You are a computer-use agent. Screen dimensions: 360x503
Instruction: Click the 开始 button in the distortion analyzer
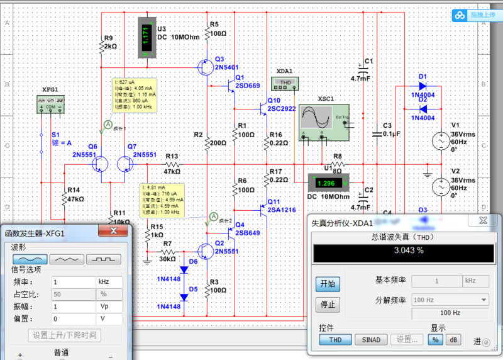(x=327, y=284)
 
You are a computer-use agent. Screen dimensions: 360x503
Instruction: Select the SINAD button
(x=371, y=339)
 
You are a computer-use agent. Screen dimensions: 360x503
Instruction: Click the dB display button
(x=453, y=339)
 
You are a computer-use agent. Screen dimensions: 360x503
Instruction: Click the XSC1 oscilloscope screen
(x=314, y=118)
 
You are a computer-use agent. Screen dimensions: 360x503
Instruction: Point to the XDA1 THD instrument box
(x=285, y=82)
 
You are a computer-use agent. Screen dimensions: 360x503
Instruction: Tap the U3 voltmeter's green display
(x=146, y=36)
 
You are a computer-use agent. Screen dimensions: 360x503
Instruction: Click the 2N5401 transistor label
(x=226, y=67)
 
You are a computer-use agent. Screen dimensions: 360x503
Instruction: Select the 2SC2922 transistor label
(x=282, y=108)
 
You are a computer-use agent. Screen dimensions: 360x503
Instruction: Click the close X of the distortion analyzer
(x=482, y=220)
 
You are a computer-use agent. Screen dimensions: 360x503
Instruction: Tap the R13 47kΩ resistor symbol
(x=172, y=166)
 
